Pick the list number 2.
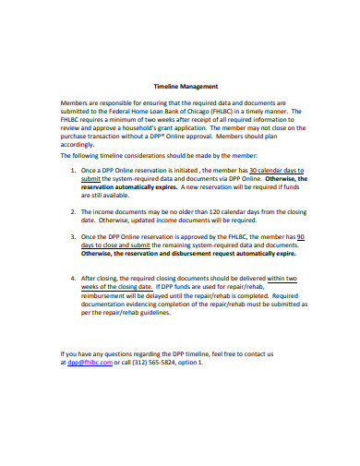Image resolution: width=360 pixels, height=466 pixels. coord(73,211)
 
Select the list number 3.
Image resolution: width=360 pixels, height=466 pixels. coord(73,237)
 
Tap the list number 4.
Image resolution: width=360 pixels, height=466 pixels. coord(73,277)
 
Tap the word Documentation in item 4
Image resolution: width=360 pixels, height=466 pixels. coord(109,305)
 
